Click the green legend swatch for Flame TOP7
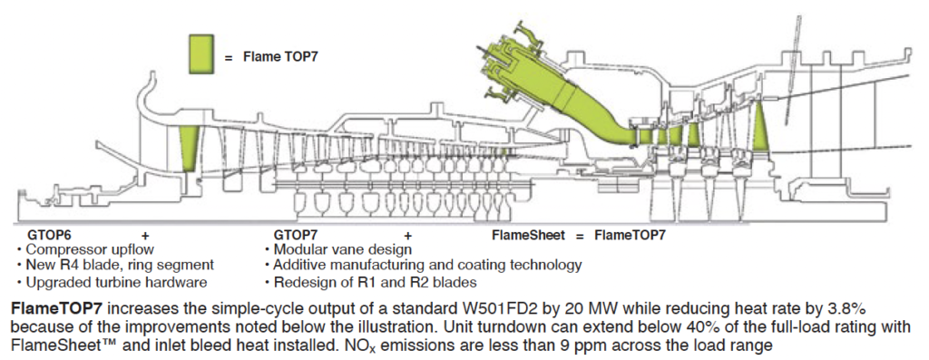[201, 54]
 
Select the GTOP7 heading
[296, 235]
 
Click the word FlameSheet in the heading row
[521, 235]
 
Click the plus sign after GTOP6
[145, 235]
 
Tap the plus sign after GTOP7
[407, 235]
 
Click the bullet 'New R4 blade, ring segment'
[119, 265]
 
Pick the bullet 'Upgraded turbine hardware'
[113, 280]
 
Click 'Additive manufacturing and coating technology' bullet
[426, 265]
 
